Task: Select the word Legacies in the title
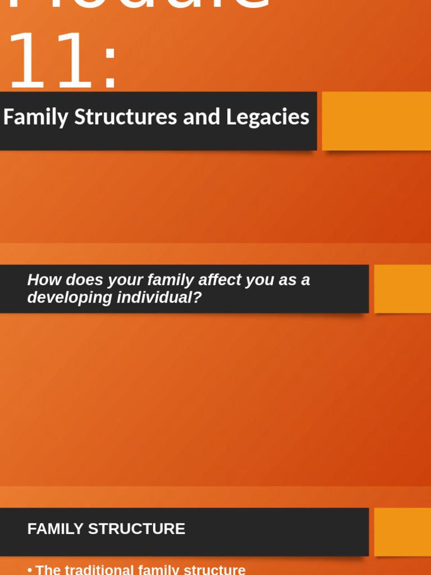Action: tap(268, 117)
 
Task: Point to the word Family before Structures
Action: tap(36, 117)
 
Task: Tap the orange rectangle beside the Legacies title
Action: tap(376, 121)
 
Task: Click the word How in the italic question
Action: tap(43, 280)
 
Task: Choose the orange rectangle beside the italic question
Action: tap(402, 289)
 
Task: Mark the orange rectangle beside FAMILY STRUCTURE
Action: tap(402, 532)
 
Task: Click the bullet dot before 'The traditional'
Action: tap(30, 570)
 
